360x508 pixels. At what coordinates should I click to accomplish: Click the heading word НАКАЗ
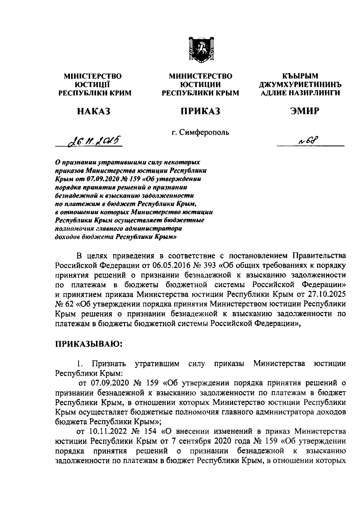[x=94, y=111]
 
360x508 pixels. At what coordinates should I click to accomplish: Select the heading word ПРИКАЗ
[x=200, y=111]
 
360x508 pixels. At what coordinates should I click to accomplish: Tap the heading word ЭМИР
[x=304, y=111]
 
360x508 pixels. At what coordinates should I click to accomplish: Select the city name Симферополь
[x=204, y=132]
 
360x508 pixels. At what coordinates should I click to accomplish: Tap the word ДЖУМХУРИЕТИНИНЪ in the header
[x=300, y=85]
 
